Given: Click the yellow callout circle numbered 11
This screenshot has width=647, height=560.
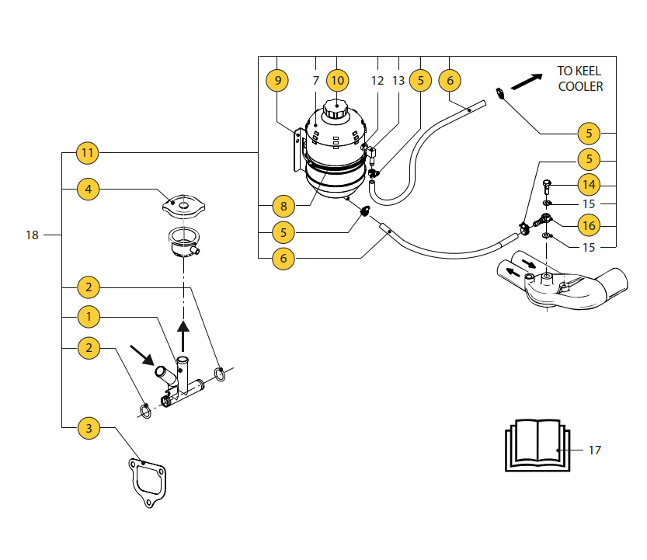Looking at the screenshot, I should tap(88, 153).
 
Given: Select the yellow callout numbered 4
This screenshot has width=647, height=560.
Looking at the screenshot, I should tap(88, 189).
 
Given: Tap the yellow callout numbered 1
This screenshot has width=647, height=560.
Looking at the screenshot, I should tap(88, 316).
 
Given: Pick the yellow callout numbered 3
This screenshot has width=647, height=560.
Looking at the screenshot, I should tap(88, 427).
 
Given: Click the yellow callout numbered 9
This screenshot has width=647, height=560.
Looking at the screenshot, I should tap(277, 80).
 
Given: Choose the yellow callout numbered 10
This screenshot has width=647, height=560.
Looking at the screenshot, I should tap(337, 80).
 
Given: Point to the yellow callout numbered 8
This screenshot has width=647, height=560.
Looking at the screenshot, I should tap(284, 207).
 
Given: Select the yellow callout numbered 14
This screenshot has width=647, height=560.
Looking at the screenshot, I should tap(589, 185).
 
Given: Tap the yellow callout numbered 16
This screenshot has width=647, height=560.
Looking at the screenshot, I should tap(589, 226).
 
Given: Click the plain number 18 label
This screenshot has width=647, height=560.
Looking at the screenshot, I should tap(32, 235).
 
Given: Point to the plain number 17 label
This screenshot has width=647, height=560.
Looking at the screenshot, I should tap(594, 450).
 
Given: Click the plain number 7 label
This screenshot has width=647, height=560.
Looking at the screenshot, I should tap(316, 80).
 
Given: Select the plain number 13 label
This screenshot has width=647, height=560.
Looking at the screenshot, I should tap(398, 80).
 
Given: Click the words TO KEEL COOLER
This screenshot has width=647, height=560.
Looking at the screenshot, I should tap(580, 78).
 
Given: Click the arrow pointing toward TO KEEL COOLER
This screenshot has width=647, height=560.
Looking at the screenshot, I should tap(526, 82).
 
